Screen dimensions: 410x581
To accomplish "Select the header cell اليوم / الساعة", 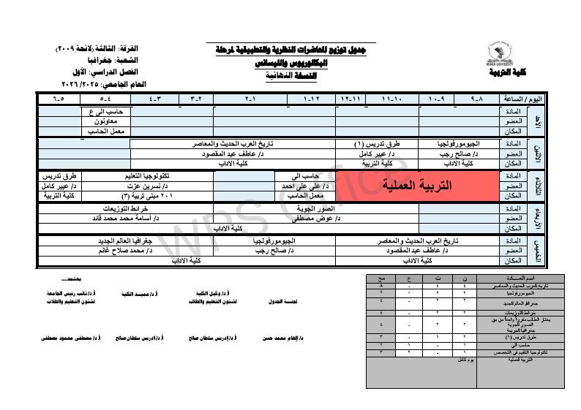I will click(x=544, y=98).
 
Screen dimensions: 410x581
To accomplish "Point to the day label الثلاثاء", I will click(x=536, y=186).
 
